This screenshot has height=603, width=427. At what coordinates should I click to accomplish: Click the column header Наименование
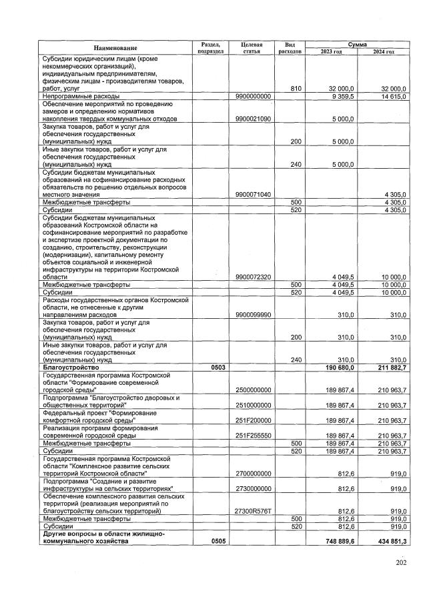click(115, 47)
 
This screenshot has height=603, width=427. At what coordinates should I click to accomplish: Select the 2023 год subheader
click(331, 51)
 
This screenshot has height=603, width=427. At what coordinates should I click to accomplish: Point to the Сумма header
click(357, 43)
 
